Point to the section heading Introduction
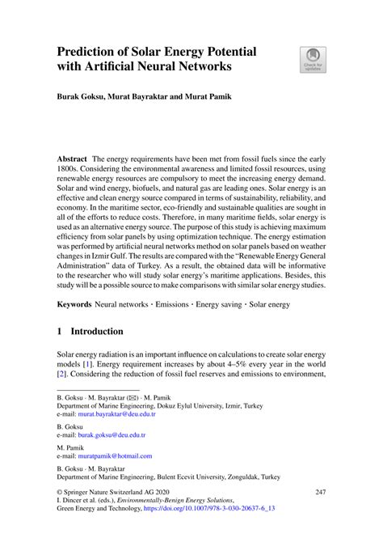[x=96, y=331]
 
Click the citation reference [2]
[x=62, y=376]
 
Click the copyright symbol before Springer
[x=60, y=491]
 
